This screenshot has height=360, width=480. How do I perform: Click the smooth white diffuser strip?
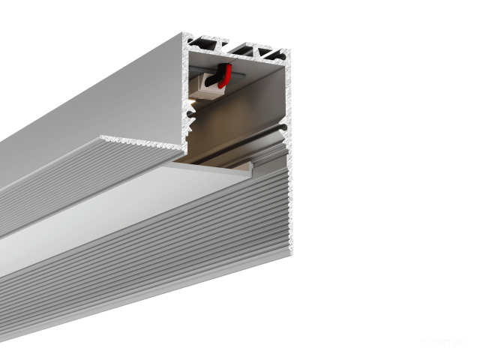click(112, 209)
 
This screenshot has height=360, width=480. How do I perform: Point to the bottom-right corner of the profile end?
click(289, 255)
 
